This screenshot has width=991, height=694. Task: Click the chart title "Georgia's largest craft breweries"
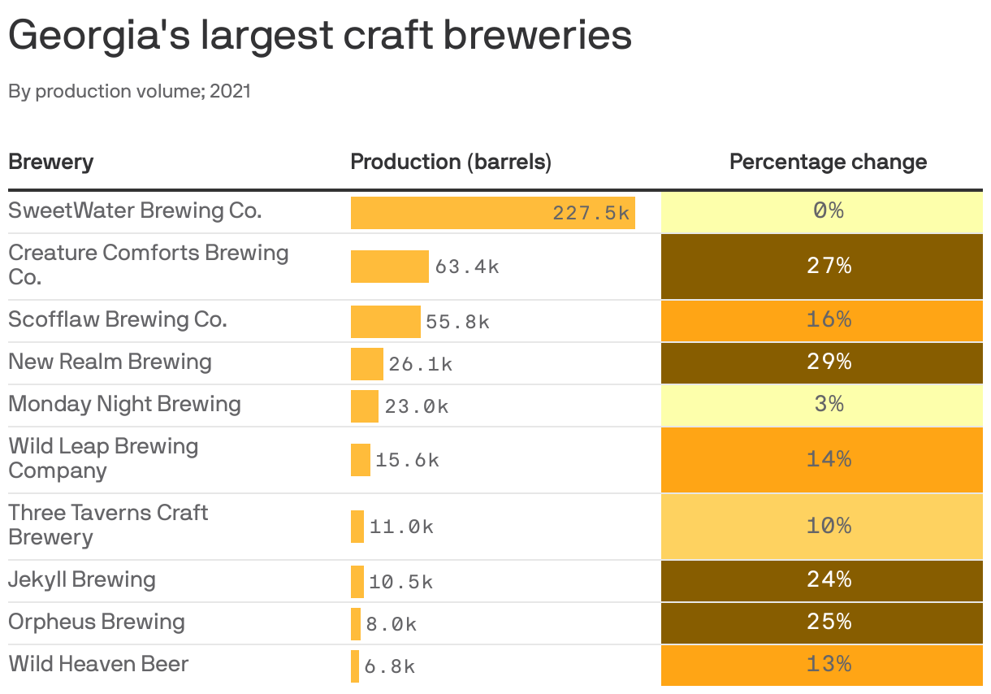[320, 36]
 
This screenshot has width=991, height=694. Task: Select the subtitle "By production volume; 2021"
[130, 91]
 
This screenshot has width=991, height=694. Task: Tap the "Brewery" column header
[50, 162]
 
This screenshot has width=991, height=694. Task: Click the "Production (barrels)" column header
[451, 162]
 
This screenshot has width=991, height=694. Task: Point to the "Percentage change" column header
[828, 162]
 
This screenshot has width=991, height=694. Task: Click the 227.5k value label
[591, 213]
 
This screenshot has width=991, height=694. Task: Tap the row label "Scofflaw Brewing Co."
[118, 319]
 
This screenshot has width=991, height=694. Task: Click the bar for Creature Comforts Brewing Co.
[389, 267]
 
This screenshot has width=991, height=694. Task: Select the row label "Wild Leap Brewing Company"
[103, 458]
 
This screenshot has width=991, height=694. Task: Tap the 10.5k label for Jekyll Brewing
[400, 583]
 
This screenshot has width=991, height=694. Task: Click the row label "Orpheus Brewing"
[97, 622]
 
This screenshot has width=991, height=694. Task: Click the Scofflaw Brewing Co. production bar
[385, 322]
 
